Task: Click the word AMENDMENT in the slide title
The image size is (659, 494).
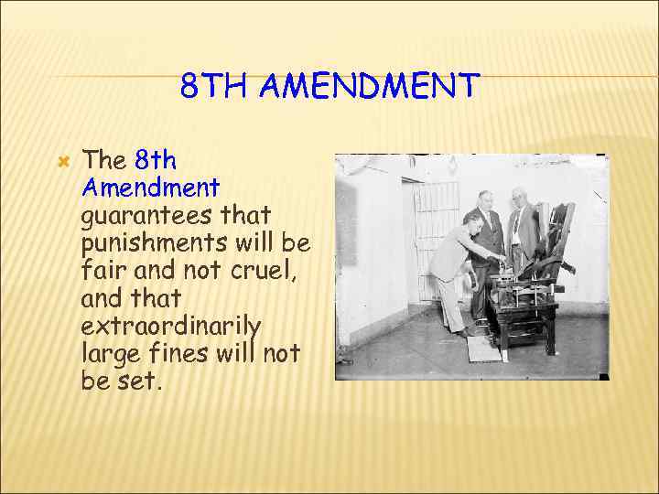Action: click(x=369, y=87)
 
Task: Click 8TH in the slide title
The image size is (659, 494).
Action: click(x=215, y=87)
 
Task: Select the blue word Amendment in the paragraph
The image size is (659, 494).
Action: click(x=151, y=188)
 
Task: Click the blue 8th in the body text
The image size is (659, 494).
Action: click(x=156, y=160)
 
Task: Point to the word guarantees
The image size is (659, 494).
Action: click(x=176, y=217)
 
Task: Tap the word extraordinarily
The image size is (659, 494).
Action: click(x=172, y=326)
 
